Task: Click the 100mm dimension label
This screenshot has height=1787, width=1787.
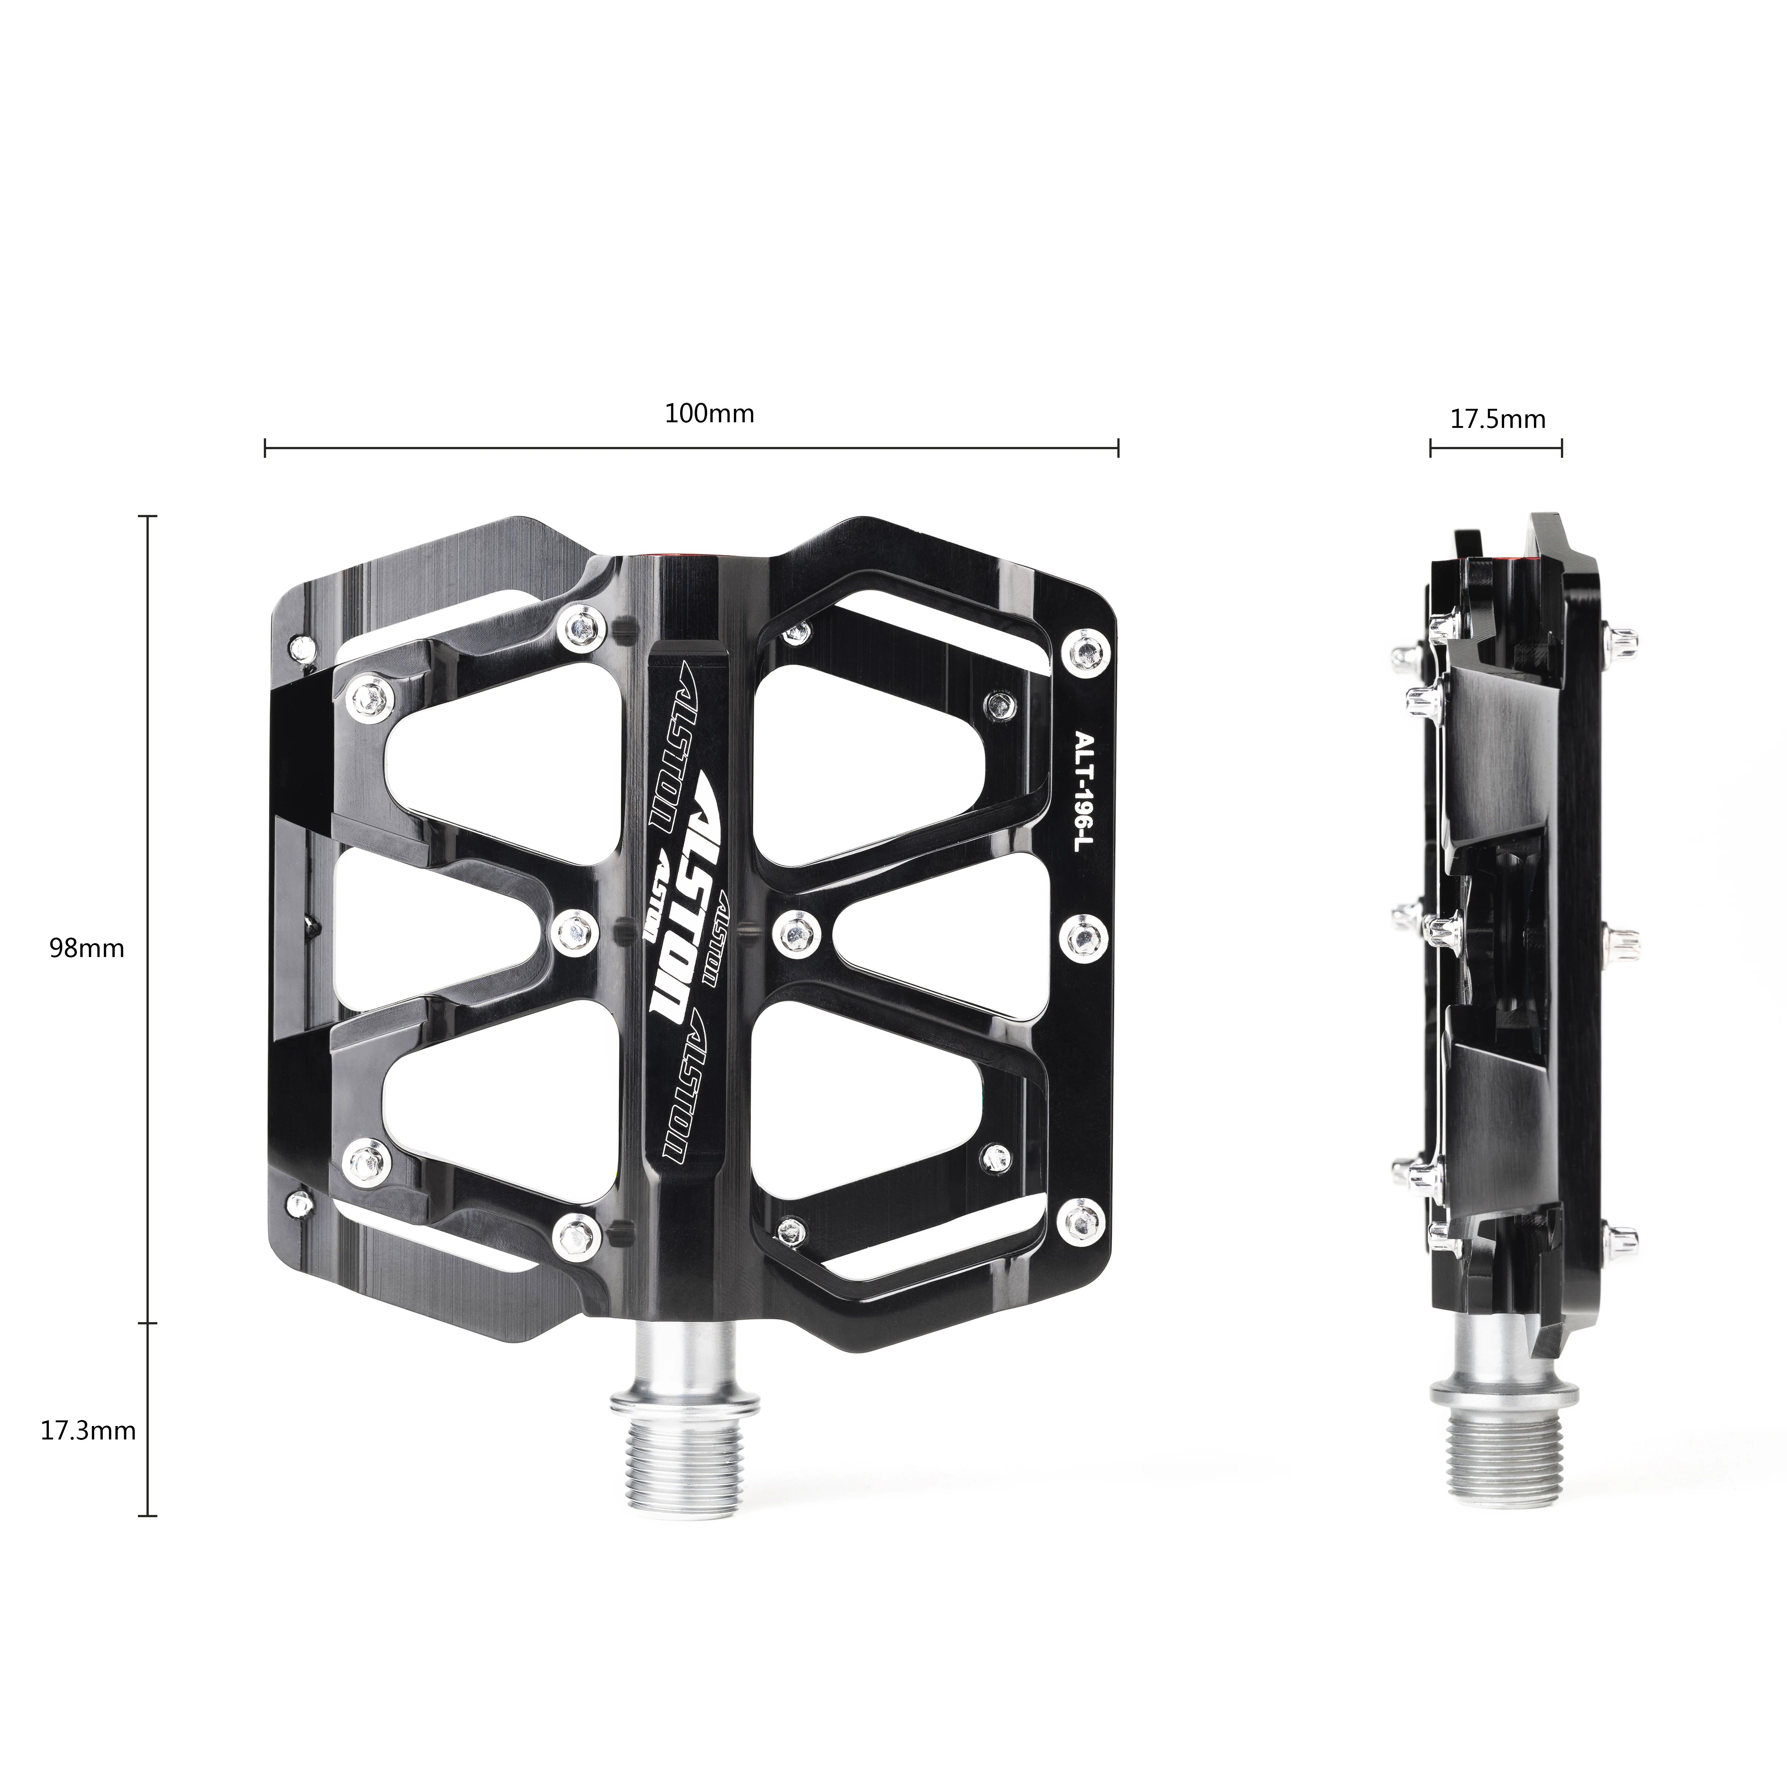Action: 709,413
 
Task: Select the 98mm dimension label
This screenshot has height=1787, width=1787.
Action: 87,948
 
